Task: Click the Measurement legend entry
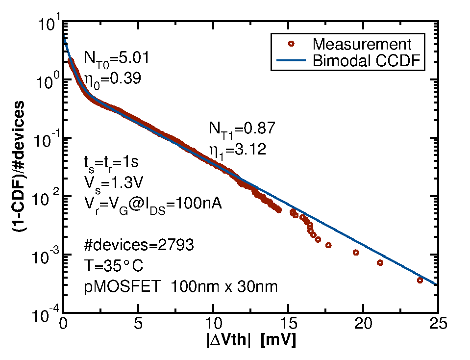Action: tap(362, 44)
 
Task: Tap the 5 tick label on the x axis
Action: tap(138, 324)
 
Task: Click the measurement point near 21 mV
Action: tap(380, 262)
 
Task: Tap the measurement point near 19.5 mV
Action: tap(356, 253)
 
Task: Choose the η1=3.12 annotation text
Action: tap(238, 149)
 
